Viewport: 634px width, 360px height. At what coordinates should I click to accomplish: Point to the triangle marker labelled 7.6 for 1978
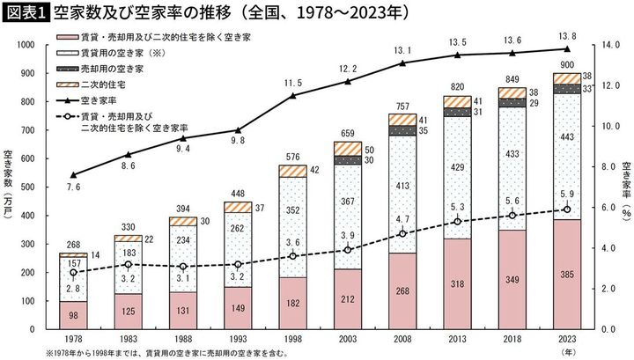tap(74, 174)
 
